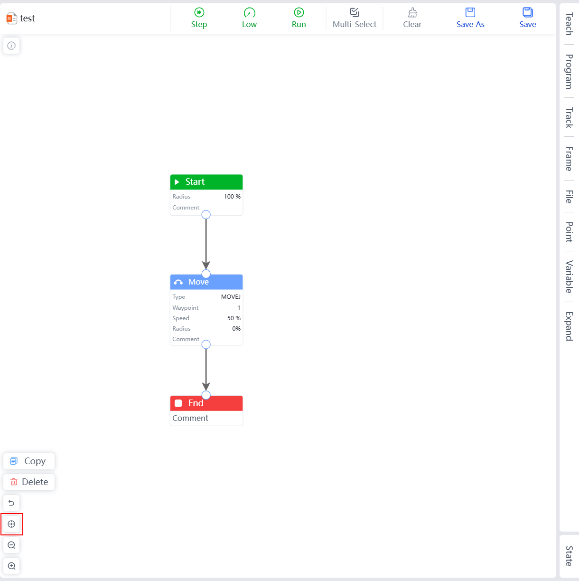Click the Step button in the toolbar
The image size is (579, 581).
tap(199, 18)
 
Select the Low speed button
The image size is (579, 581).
tap(249, 18)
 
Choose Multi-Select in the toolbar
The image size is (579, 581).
tap(355, 18)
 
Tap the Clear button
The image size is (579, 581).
tap(412, 18)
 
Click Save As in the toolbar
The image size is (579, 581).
tap(470, 18)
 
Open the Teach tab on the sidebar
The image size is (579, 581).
tap(569, 24)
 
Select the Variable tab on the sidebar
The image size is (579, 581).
tap(569, 276)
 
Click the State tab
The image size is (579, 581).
tap(569, 556)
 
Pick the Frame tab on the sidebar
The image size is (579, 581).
tap(569, 158)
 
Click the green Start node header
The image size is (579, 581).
tap(206, 182)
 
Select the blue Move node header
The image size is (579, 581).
tap(206, 282)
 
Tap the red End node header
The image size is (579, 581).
tap(206, 403)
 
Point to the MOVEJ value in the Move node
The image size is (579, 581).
tap(231, 297)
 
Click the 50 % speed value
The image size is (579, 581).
tap(233, 318)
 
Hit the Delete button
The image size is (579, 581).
tap(29, 482)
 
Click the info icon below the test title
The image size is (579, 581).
tap(11, 46)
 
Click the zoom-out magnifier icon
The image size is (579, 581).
tap(11, 545)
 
